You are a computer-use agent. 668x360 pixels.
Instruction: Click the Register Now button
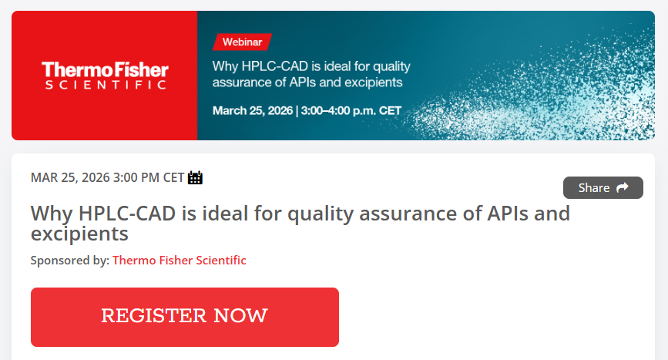[184, 317]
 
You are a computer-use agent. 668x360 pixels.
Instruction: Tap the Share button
[603, 188]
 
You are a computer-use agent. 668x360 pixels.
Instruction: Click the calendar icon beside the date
[195, 177]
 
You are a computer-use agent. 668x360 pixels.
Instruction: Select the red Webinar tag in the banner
[242, 42]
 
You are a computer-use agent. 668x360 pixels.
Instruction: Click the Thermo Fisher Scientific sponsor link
[180, 261]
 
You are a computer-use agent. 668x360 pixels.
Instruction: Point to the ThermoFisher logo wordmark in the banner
[105, 70]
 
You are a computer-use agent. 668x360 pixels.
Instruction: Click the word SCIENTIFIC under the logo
[106, 85]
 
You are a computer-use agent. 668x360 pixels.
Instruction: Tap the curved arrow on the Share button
[623, 187]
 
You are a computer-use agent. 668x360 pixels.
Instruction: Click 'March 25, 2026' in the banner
[253, 111]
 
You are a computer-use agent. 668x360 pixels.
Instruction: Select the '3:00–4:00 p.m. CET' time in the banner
[351, 111]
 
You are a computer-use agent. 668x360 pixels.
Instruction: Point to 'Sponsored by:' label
[70, 261]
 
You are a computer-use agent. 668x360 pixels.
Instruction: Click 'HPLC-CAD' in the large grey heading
[127, 214]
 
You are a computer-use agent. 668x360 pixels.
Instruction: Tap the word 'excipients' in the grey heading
[79, 234]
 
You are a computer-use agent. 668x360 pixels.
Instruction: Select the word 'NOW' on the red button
[240, 316]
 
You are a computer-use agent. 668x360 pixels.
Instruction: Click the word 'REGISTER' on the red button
[154, 316]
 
